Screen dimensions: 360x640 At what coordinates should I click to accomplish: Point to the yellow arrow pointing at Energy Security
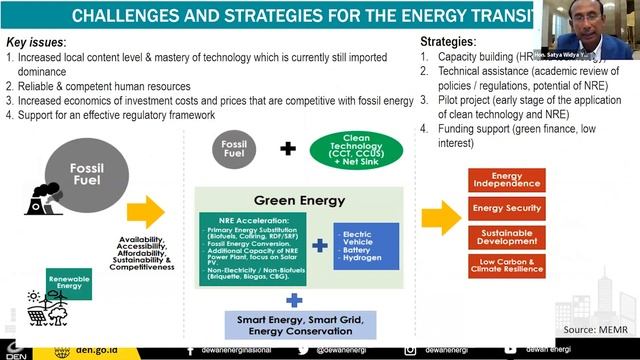pos(439,217)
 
